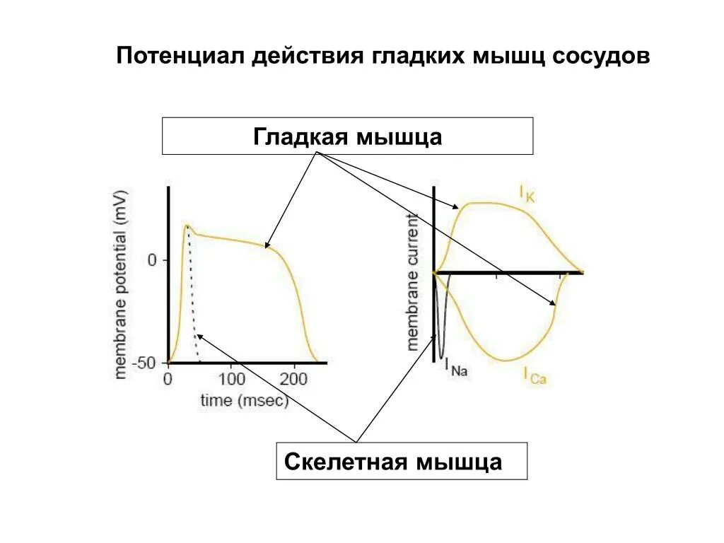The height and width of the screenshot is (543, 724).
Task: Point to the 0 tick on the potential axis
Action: coord(152,260)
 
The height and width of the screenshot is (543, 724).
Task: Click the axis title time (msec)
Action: coord(245,401)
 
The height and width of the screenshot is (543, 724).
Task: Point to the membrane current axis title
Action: coord(414,283)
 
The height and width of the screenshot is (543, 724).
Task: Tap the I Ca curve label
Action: coord(536,375)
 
